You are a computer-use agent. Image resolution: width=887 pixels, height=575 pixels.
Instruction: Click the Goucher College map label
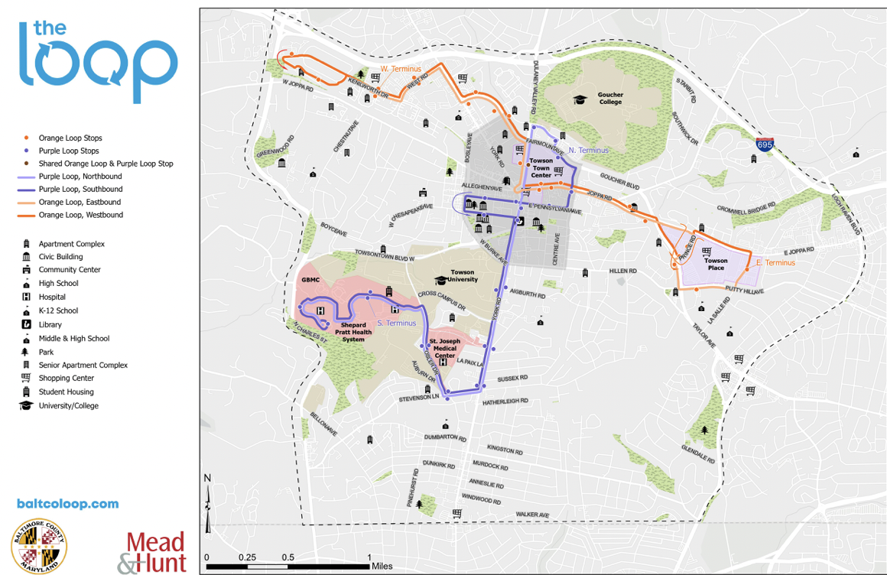[x=610, y=99]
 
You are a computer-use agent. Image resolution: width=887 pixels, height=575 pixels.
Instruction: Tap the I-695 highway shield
[x=765, y=144]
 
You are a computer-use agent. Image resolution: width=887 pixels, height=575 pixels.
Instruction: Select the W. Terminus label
[x=401, y=69]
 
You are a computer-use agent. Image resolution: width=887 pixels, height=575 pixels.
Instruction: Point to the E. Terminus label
[x=775, y=263]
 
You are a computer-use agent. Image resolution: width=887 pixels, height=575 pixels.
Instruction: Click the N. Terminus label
[x=588, y=151]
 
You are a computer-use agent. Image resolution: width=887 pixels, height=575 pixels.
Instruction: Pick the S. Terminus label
[x=396, y=323]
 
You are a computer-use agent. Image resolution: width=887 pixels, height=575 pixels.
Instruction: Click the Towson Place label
[x=715, y=265]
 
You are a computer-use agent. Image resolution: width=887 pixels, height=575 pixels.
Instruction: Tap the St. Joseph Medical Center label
[x=444, y=348]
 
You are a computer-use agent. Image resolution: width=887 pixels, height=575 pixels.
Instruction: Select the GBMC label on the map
[x=310, y=281]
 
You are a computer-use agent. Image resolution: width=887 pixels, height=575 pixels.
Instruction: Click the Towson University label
[x=462, y=276]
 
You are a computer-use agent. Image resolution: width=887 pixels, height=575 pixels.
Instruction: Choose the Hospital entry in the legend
[x=52, y=297]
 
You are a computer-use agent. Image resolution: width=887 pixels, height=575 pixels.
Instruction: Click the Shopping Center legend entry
[x=67, y=378]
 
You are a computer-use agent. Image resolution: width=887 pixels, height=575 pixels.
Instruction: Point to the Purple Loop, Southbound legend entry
[x=80, y=190]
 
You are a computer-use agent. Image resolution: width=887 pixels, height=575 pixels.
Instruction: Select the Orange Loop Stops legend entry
[x=70, y=138]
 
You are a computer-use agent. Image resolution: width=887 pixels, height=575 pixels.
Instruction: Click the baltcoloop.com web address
[x=67, y=504]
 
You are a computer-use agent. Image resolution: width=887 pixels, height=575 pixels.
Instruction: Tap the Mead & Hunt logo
[x=151, y=552]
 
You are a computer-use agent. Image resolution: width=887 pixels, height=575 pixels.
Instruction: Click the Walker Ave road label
[x=532, y=515]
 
